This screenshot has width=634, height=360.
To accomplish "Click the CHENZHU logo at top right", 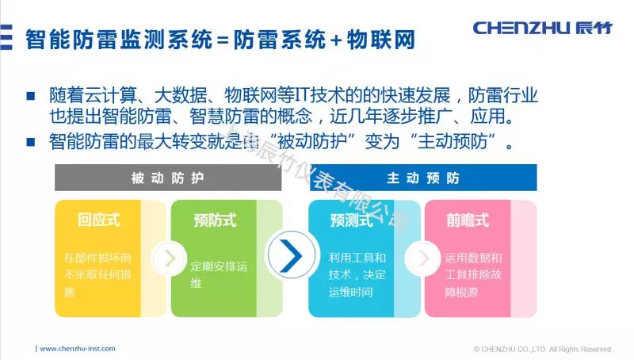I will click(x=542, y=29).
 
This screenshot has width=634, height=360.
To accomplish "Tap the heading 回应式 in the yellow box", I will click(x=99, y=220).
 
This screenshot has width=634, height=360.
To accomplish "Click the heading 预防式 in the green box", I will click(x=215, y=220).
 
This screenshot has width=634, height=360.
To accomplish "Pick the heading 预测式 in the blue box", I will click(x=351, y=220).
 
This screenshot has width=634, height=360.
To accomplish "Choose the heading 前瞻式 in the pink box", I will click(x=468, y=220).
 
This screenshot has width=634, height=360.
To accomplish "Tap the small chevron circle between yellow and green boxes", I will click(x=169, y=258).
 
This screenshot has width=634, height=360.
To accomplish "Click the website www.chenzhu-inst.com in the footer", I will click(x=77, y=348).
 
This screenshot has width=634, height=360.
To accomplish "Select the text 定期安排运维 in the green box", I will click(x=220, y=274).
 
